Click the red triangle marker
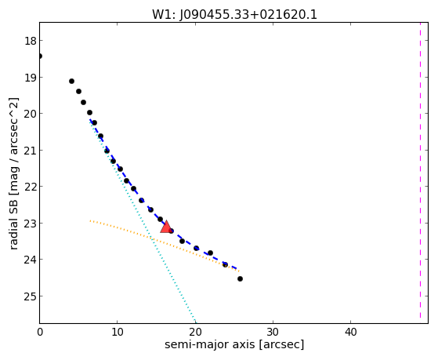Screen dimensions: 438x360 pyautogui.click(x=166, y=227)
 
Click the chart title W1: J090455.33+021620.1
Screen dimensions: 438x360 pyautogui.click(x=234, y=15)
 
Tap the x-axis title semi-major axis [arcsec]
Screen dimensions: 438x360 pyautogui.click(x=234, y=344)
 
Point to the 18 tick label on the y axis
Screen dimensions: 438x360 pyautogui.click(x=31, y=41)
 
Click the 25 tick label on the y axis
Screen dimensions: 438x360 pyautogui.click(x=31, y=296)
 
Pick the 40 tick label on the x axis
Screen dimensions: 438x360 pyautogui.click(x=350, y=333)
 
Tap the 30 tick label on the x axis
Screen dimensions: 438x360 pyautogui.click(x=273, y=333)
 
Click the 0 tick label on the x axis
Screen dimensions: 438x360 pyautogui.click(x=40, y=333)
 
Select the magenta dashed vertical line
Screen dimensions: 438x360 pyautogui.click(x=420, y=170)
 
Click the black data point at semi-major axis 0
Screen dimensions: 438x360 pyautogui.click(x=40, y=56)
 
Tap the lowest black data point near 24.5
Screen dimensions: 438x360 pyautogui.click(x=240, y=278)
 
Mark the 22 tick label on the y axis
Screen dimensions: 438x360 pyautogui.click(x=31, y=187)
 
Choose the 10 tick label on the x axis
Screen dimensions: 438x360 pyautogui.click(x=118, y=333)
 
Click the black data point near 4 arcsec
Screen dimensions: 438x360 pyautogui.click(x=71, y=81)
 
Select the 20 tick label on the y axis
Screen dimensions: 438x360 pyautogui.click(x=31, y=114)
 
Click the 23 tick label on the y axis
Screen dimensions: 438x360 pyautogui.click(x=31, y=224)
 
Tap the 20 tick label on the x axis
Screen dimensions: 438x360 pyautogui.click(x=195, y=333)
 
